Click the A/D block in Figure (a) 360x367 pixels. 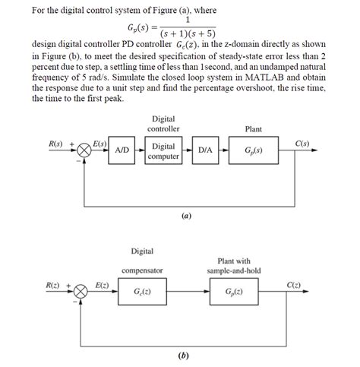tap(121, 151)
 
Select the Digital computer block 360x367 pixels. tap(163, 151)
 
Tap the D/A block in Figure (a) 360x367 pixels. tap(205, 151)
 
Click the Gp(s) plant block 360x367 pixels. tap(253, 151)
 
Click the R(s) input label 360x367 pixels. tap(55, 144)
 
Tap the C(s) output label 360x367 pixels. tap(302, 144)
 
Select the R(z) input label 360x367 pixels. tap(55, 285)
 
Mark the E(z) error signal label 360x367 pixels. tap(101, 285)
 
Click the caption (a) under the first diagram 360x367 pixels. tap(185, 215)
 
